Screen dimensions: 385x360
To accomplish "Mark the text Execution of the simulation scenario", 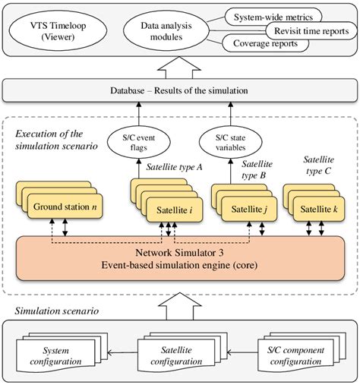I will pos(53,140).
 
